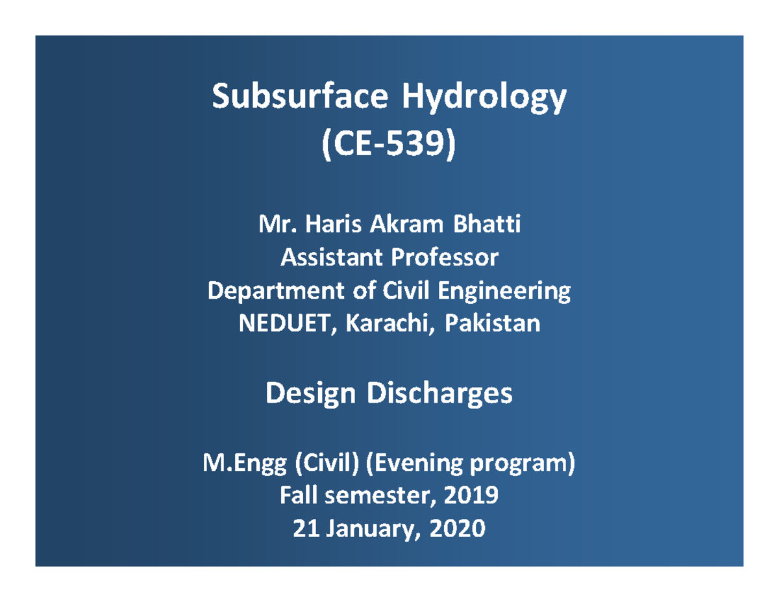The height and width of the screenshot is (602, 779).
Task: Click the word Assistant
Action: coord(329,258)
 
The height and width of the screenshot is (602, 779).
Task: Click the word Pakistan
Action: coord(492,323)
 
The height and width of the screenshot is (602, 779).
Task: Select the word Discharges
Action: coord(440,394)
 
